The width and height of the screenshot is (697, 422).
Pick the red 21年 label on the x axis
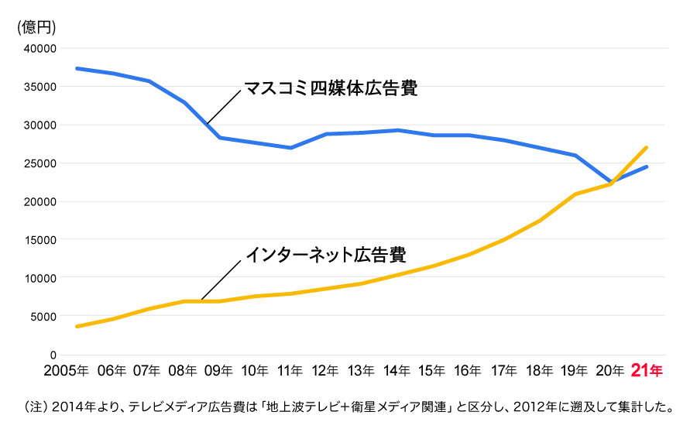pyautogui.click(x=647, y=371)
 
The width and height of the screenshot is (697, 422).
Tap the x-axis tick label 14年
pyautogui.click(x=397, y=371)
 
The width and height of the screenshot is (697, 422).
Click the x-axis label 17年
pyautogui.click(x=503, y=371)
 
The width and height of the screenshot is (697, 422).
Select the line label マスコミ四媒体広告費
pyautogui.click(x=331, y=87)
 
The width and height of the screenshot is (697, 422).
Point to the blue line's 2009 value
pyautogui.click(x=219, y=138)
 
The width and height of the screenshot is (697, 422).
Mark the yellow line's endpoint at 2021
pyautogui.click(x=646, y=147)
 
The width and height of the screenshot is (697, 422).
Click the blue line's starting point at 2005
pyautogui.click(x=76, y=68)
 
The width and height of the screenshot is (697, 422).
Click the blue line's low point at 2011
pyautogui.click(x=290, y=148)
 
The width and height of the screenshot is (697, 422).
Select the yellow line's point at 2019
pyautogui.click(x=575, y=194)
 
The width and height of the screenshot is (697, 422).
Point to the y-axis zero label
pyautogui.click(x=53, y=354)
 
